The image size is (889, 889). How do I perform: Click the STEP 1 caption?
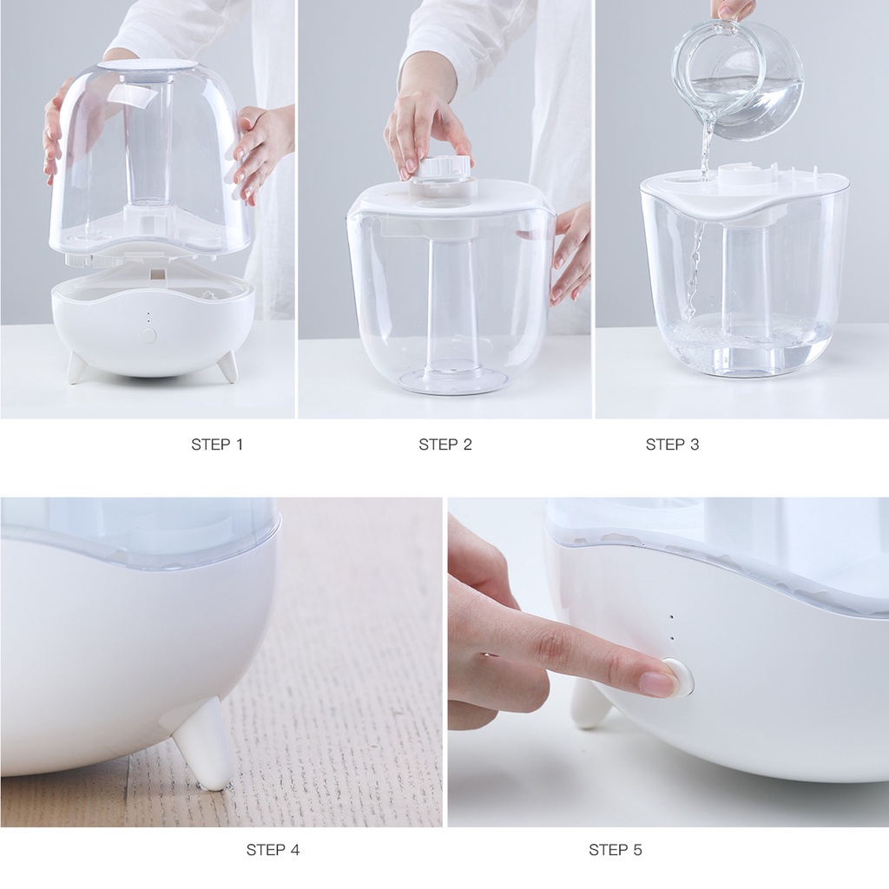coord(217,444)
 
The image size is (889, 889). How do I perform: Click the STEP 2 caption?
coord(445,444)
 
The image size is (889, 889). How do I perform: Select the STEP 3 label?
coord(672,444)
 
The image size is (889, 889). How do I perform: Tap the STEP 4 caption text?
coord(273,850)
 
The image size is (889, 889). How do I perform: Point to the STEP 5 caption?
coord(615,850)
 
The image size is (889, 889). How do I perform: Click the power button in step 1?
coord(149,334)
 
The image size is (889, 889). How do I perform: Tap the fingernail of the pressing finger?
coord(658,683)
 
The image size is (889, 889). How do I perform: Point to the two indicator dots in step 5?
coord(670,628)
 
